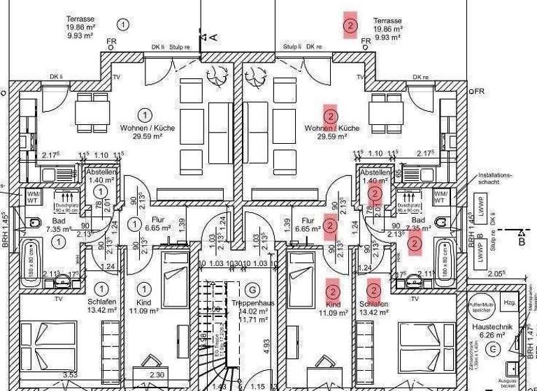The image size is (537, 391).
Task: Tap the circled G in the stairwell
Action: tap(252, 290)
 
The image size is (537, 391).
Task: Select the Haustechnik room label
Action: tap(494, 325)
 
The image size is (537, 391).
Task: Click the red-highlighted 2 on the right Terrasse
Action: tap(350, 27)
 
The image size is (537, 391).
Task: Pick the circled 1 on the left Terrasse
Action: tap(124, 25)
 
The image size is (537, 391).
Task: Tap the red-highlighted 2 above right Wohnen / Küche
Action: tap(331, 116)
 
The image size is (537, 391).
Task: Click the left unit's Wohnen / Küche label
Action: tap(147, 128)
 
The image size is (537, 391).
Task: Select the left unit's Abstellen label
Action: tap(101, 172)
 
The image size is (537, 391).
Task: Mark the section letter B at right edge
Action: tap(522, 242)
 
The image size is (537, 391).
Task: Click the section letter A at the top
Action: tap(213, 36)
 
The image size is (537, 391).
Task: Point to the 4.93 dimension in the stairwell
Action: tap(266, 344)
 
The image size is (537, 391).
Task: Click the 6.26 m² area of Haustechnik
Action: tap(494, 334)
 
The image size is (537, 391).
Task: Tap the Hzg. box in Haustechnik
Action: tap(509, 302)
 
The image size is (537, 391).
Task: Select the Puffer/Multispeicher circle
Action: tap(481, 304)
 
